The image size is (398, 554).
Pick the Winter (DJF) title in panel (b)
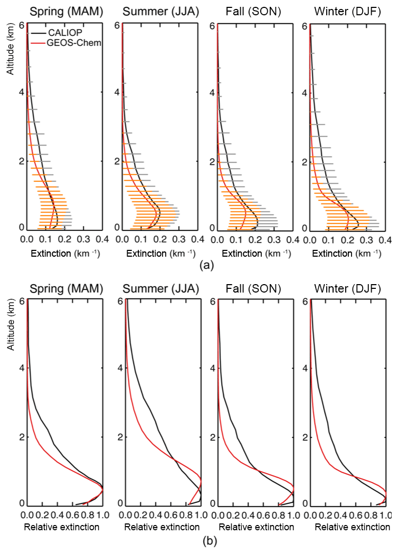coord(349,288)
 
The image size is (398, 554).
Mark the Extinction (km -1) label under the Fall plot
coord(255,254)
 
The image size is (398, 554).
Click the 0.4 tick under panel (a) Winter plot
coord(386,239)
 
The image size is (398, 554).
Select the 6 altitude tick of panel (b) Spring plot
coord(22,301)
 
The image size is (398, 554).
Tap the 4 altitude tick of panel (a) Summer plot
coord(117,92)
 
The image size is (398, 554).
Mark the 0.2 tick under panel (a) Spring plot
coord(64,239)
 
